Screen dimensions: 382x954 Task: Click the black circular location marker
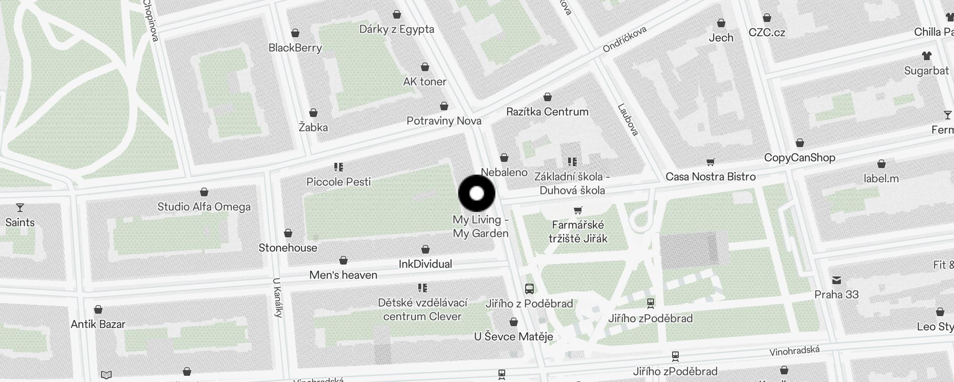(477, 193)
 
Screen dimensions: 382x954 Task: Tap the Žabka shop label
(313, 127)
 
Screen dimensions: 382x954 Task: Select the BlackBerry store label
(295, 48)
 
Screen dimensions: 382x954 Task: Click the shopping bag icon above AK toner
(425, 67)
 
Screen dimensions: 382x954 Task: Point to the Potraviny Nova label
(444, 121)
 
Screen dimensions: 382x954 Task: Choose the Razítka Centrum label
(547, 112)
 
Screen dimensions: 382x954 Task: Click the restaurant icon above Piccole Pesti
(339, 167)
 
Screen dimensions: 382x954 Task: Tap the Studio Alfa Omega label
(204, 207)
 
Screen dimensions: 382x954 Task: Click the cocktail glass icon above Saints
(20, 208)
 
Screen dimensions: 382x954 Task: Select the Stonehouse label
(288, 248)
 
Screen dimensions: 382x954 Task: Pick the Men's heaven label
(343, 275)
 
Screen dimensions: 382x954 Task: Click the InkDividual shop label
(425, 264)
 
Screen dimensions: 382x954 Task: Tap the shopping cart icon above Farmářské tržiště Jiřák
(578, 210)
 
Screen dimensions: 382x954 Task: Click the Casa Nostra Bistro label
(710, 177)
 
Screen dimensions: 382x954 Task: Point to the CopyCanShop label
(799, 158)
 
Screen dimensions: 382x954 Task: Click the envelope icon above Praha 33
(837, 280)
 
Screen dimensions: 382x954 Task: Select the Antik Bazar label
(98, 324)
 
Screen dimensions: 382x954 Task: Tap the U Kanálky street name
(278, 297)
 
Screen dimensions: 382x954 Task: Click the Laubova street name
(628, 119)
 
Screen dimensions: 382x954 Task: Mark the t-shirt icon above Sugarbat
(927, 56)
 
